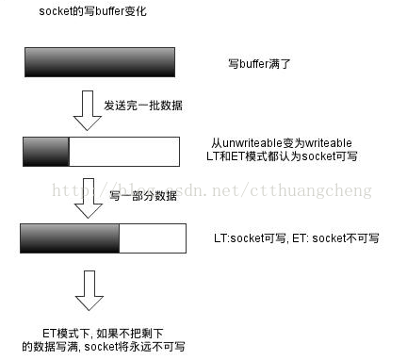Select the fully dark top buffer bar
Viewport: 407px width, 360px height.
click(99, 62)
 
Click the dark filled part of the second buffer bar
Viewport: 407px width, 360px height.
click(46, 150)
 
